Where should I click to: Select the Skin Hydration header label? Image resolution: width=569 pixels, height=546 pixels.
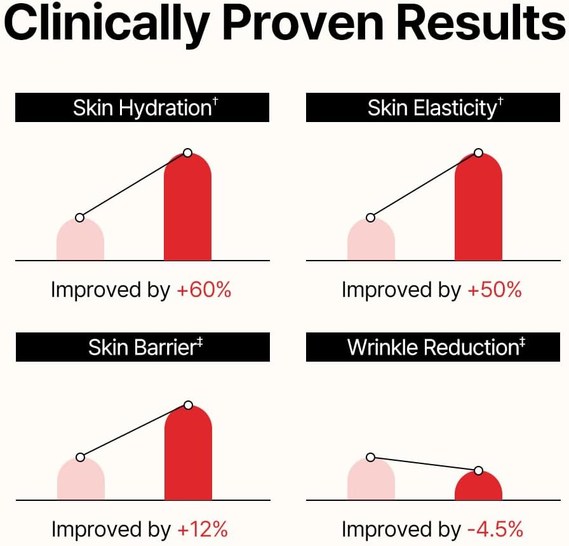142,107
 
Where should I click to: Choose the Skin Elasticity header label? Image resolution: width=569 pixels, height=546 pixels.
433,107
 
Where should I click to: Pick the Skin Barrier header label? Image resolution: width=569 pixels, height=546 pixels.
142,347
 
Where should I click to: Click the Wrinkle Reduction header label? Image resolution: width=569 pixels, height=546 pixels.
433,347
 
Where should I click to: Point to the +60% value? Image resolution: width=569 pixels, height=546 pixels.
204,290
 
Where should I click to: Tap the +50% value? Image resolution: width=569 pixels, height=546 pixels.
495,290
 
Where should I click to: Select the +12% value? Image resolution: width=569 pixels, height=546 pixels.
203,529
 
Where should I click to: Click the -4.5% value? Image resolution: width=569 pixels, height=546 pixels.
495,529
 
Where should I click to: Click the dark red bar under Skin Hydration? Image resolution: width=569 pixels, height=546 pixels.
187,210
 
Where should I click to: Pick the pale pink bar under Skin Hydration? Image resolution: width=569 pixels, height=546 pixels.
80,242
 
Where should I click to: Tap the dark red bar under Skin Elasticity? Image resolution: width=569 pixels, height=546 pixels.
478,210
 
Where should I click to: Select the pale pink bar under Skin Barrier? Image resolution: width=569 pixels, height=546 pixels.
81,481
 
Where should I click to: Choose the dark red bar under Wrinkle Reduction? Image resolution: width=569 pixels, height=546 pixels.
478,488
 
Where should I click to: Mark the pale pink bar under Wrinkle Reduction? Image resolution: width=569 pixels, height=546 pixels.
371,481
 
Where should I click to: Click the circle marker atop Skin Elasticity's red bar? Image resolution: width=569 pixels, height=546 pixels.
478,153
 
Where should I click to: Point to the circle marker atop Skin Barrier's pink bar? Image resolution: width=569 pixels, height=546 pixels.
80,457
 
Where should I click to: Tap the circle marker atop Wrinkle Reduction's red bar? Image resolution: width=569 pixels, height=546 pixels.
478,470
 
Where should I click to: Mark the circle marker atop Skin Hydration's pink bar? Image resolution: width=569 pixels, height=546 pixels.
79,217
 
